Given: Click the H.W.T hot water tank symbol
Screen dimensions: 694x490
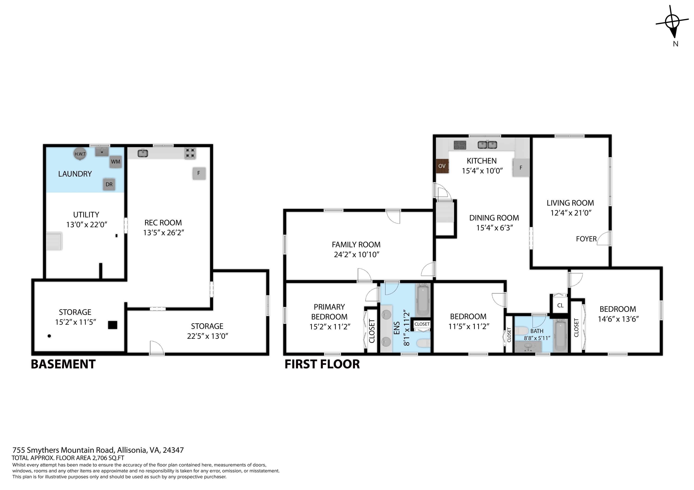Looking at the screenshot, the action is pyautogui.click(x=80, y=154).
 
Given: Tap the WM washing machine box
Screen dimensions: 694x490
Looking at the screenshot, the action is pyautogui.click(x=115, y=162).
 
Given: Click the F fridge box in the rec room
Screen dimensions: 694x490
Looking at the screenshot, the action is pyautogui.click(x=199, y=173).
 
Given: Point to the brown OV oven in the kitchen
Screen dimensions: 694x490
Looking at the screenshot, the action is pyautogui.click(x=442, y=166).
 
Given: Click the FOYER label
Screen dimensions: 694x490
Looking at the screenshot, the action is pyautogui.click(x=586, y=239).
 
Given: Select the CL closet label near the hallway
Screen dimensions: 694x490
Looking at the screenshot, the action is pyautogui.click(x=560, y=305).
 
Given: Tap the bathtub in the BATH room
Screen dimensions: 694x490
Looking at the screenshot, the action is pyautogui.click(x=560, y=336).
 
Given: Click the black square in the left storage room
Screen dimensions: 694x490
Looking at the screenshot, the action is pyautogui.click(x=113, y=325).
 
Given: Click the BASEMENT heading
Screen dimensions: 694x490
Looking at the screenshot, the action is pyautogui.click(x=63, y=364).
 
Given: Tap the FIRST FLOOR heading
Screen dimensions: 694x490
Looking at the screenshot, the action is pyautogui.click(x=322, y=364).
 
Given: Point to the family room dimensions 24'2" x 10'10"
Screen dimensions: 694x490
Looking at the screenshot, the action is pyautogui.click(x=356, y=255).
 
